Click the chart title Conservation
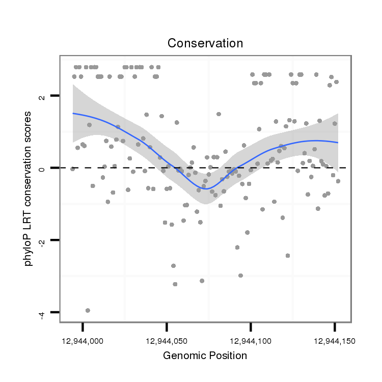coord(205,43)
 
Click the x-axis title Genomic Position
coord(205,356)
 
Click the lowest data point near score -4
coord(88,310)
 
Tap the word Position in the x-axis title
coord(228,356)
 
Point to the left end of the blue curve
coord(73,114)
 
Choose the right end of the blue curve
coord(338,143)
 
